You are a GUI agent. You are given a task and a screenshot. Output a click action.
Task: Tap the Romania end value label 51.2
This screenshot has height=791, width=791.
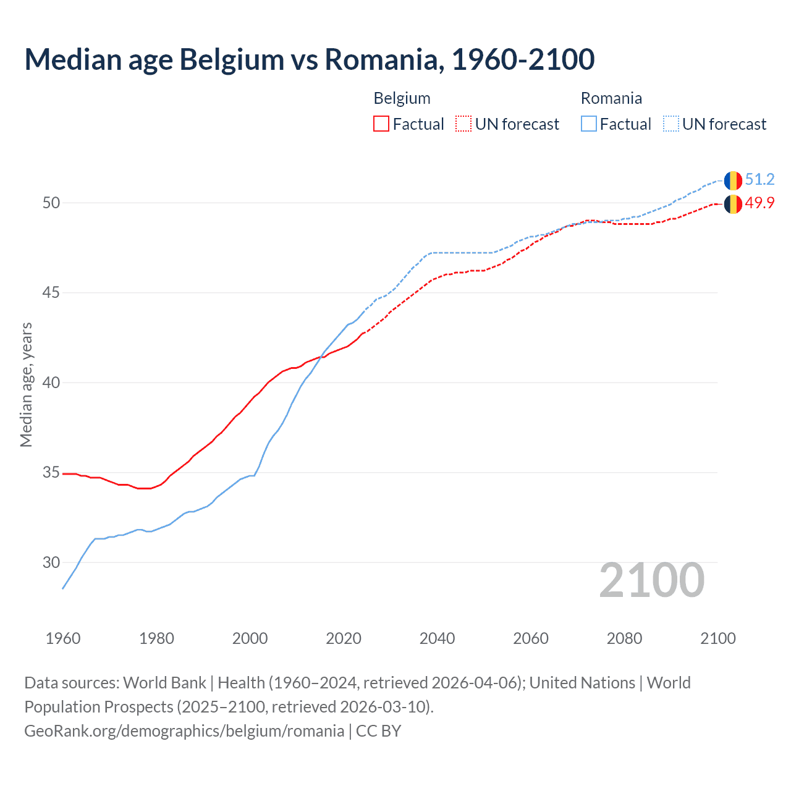click(759, 180)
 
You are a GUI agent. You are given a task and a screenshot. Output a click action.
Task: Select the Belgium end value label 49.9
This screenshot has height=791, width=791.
click(759, 203)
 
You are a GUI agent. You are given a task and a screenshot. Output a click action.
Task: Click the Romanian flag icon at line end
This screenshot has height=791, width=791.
click(733, 180)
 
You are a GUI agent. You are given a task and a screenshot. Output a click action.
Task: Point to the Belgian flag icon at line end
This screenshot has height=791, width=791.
click(733, 204)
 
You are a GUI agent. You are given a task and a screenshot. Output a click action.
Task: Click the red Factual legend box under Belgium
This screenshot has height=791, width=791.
click(381, 124)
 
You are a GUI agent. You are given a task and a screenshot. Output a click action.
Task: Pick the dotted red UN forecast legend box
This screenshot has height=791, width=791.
click(463, 124)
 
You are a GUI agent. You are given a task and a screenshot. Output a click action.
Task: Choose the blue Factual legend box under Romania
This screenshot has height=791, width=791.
click(589, 124)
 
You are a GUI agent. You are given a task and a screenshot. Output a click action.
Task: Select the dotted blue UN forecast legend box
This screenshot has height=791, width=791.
click(671, 124)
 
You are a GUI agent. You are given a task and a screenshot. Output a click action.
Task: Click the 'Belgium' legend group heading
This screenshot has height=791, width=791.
click(402, 98)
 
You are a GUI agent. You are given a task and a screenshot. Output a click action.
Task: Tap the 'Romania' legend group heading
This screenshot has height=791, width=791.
click(611, 98)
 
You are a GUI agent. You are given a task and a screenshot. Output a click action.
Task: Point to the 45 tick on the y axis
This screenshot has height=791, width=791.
click(51, 292)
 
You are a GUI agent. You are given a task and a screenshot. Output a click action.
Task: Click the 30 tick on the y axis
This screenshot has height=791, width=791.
click(51, 562)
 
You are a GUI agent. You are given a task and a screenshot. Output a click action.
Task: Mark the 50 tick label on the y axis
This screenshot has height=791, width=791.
click(51, 203)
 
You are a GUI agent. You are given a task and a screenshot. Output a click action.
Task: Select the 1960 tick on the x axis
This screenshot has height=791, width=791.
click(63, 638)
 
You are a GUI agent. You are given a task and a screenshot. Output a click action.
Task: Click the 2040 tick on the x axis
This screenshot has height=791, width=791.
click(437, 638)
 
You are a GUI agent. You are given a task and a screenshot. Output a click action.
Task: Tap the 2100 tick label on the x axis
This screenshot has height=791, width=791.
click(717, 638)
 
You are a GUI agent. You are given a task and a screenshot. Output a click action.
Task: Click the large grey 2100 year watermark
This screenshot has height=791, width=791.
click(651, 580)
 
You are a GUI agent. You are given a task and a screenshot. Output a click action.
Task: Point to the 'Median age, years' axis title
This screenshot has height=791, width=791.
click(26, 384)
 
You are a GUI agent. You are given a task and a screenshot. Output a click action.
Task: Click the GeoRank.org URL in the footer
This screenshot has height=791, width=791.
click(184, 731)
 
